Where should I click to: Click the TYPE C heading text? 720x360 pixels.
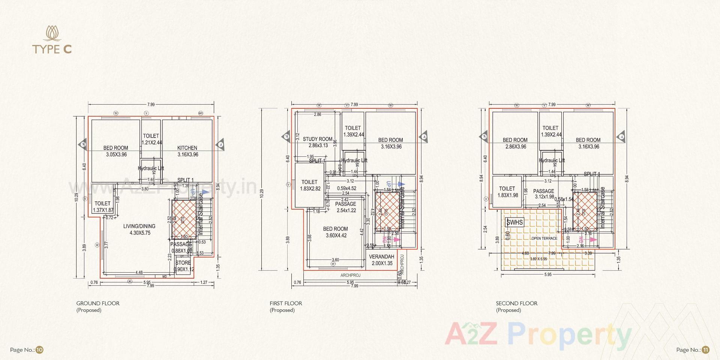tap(52, 49)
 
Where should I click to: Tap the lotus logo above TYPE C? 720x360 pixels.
tap(52, 33)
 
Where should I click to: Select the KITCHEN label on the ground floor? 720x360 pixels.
tap(187, 148)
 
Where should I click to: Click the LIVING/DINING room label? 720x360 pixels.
tap(139, 226)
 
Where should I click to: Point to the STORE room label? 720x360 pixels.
tap(183, 263)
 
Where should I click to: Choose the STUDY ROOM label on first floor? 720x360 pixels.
tap(318, 139)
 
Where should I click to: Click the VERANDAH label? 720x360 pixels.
tap(381, 257)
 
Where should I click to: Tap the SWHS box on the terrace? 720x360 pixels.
tap(514, 222)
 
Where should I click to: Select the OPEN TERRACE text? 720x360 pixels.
tap(544, 238)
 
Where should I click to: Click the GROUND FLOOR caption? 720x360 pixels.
tap(98, 303)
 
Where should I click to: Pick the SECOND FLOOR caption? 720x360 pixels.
tap(516, 303)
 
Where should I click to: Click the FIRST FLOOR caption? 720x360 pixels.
tap(286, 303)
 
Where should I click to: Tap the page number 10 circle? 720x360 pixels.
tap(40, 350)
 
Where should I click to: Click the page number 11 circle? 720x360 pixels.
tap(706, 350)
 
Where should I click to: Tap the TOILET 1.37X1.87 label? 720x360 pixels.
tap(102, 207)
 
